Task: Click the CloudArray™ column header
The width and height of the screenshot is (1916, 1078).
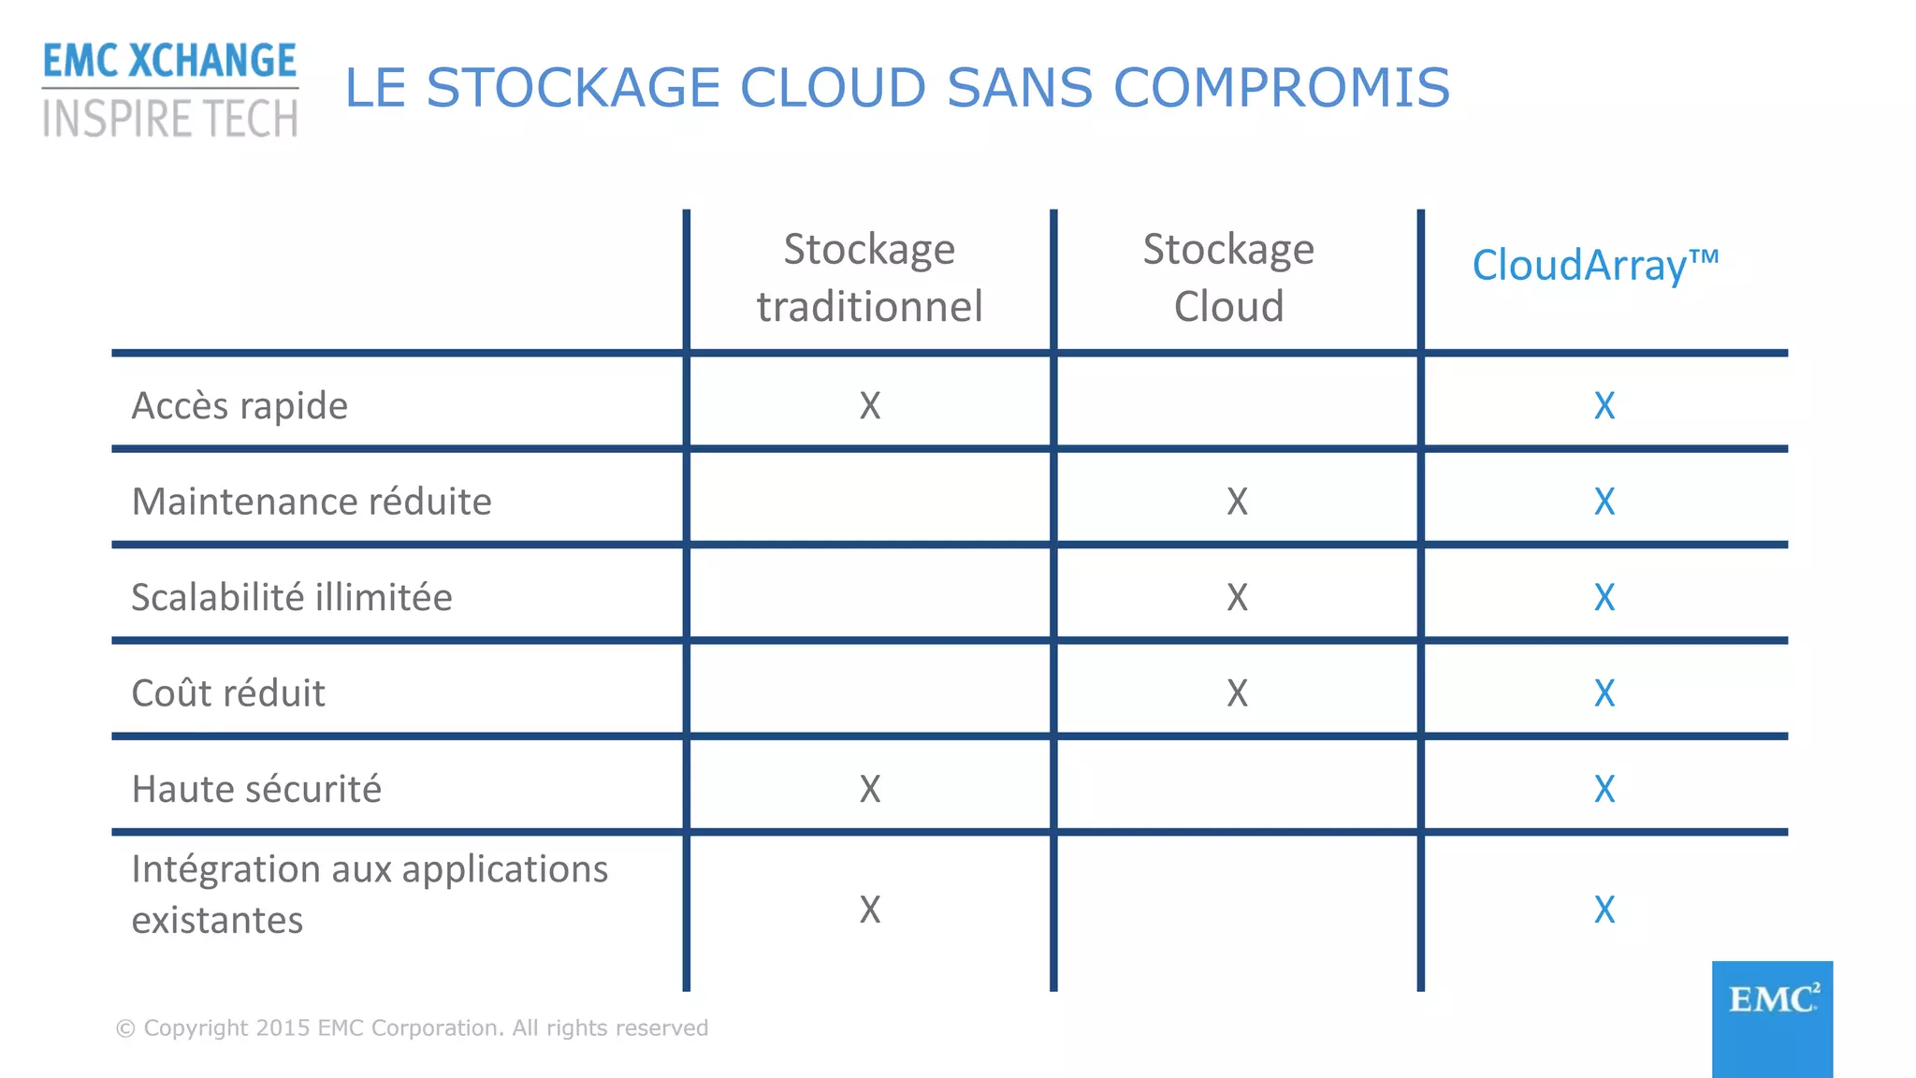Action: pyautogui.click(x=1595, y=266)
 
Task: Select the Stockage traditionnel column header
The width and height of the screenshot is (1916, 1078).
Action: pyautogui.click(x=869, y=278)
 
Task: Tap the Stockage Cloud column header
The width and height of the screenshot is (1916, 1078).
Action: pyautogui.click(x=1228, y=278)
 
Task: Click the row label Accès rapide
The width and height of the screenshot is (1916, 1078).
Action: pyautogui.click(x=239, y=406)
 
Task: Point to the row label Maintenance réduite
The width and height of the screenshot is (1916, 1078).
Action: pyautogui.click(x=312, y=502)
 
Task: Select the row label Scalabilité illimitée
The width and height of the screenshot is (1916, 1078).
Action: pyautogui.click(x=292, y=598)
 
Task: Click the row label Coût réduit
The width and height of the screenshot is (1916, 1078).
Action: pyautogui.click(x=228, y=693)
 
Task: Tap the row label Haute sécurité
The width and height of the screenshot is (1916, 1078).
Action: pyautogui.click(x=256, y=790)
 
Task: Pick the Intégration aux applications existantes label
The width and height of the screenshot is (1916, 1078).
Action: pyautogui.click(x=370, y=895)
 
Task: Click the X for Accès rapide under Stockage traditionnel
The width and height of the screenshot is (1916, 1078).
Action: pyautogui.click(x=870, y=406)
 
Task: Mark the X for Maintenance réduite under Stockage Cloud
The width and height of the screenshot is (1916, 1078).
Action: pyautogui.click(x=1237, y=503)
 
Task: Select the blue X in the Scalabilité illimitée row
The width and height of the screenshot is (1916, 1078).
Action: pyautogui.click(x=1604, y=598)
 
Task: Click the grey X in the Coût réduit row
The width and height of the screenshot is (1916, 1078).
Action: pyautogui.click(x=1237, y=693)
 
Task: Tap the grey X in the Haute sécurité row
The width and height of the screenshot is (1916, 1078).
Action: pyautogui.click(x=870, y=790)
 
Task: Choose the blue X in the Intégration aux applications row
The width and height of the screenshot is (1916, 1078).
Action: pyautogui.click(x=1604, y=910)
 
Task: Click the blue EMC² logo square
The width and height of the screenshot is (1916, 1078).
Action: pyautogui.click(x=1772, y=1018)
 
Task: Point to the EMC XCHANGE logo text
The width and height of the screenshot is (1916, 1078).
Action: pyautogui.click(x=169, y=61)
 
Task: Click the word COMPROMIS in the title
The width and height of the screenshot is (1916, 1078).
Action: pyautogui.click(x=1281, y=88)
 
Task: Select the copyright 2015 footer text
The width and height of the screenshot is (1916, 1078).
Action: pyautogui.click(x=412, y=1028)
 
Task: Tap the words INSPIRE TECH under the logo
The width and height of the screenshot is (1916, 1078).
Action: pyautogui.click(x=170, y=120)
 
